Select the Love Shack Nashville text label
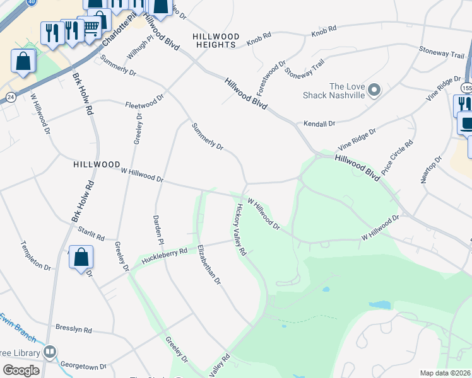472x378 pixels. [346, 91]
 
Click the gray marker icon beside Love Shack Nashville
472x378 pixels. [374, 90]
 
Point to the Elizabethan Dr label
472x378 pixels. [209, 265]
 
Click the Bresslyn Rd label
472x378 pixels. [74, 329]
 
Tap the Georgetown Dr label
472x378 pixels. [82, 365]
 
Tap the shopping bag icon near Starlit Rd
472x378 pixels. [81, 257]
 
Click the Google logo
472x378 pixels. [21, 370]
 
